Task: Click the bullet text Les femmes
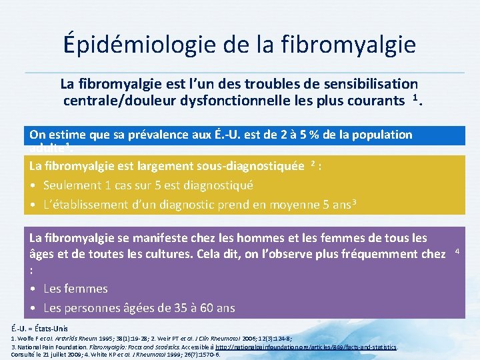[75, 289]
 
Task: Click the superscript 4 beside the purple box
[457, 251]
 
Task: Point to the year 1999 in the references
[185, 354]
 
